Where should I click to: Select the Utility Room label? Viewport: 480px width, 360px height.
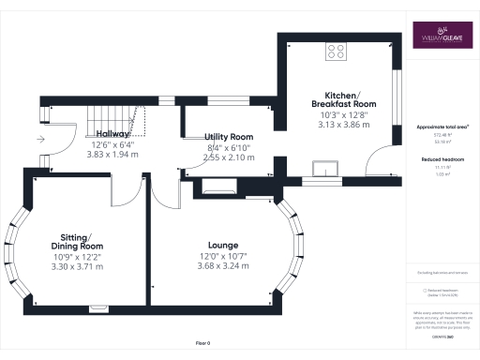pyautogui.click(x=228, y=136)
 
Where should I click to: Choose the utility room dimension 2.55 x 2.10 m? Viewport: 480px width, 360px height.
pyautogui.click(x=228, y=157)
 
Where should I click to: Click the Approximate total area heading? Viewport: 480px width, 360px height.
pyautogui.click(x=441, y=125)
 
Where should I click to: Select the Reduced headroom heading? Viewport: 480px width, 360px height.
pyautogui.click(x=441, y=159)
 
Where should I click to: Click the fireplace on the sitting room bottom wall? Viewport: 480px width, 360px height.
pyautogui.click(x=97, y=307)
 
